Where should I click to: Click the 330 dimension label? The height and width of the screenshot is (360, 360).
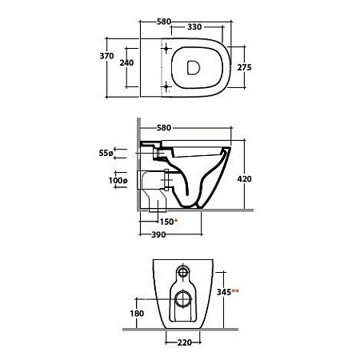[194, 27]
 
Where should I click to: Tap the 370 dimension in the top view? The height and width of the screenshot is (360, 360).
[106, 56]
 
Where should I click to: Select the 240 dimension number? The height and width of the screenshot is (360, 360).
[126, 63]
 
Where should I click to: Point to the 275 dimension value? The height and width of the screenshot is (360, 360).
[244, 67]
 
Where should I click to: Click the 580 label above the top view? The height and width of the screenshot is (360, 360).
[164, 22]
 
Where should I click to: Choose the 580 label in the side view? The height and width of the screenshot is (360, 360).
[164, 128]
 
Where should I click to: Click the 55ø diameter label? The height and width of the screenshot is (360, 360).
[106, 153]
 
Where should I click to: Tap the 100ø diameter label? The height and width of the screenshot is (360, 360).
[118, 181]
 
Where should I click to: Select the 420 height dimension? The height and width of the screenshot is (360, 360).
[244, 179]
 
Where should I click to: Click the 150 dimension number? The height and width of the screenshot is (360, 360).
[166, 222]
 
